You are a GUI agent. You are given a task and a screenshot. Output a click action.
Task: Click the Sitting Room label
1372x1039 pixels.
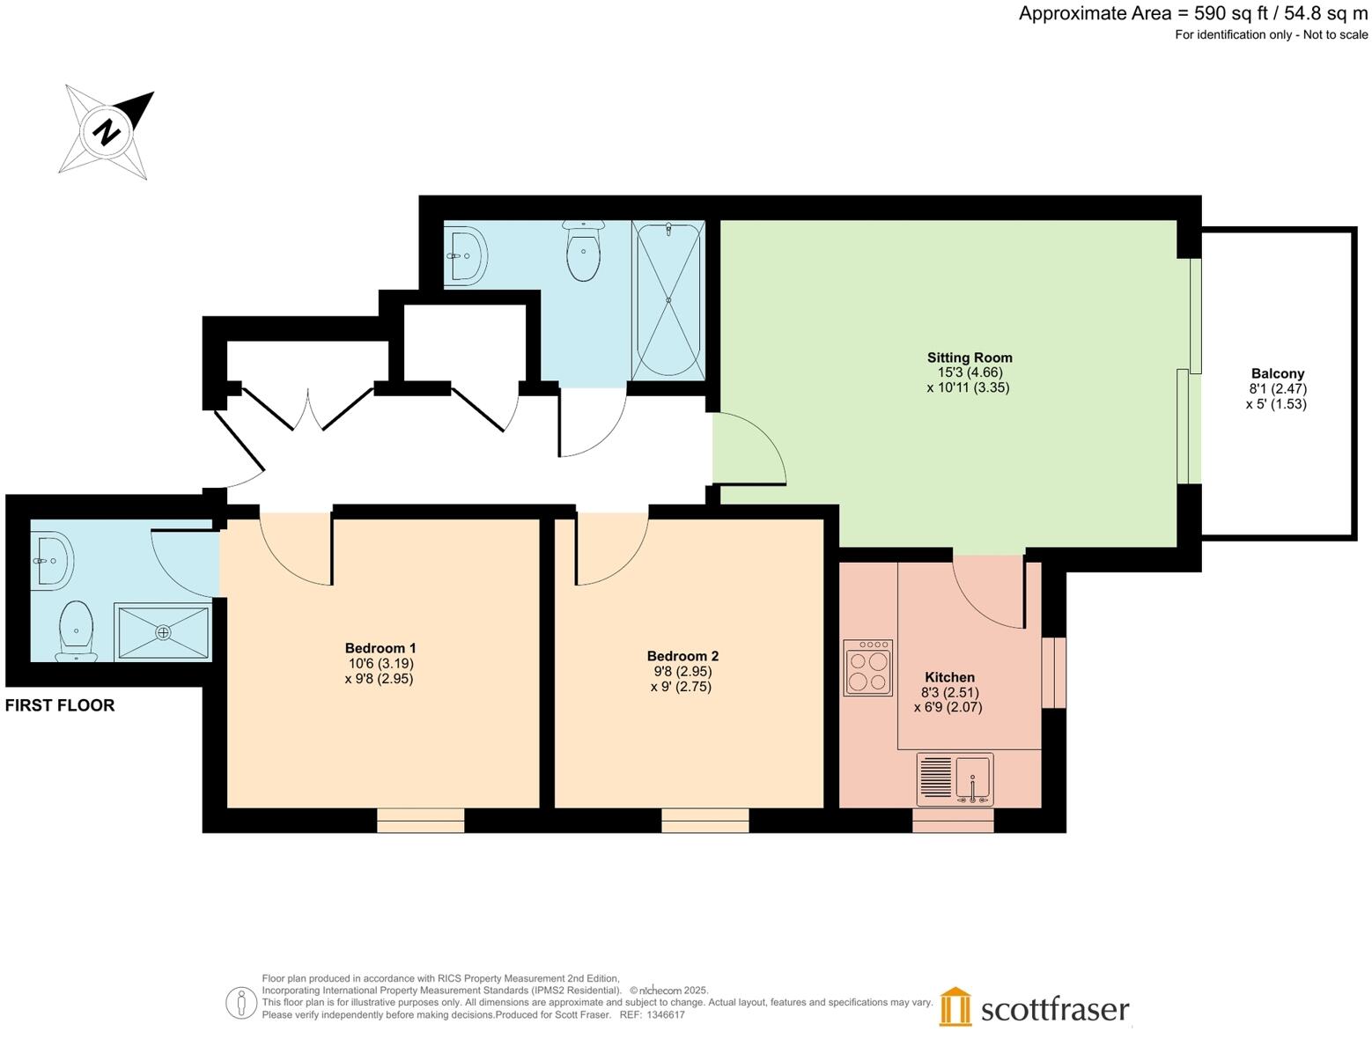coord(969,357)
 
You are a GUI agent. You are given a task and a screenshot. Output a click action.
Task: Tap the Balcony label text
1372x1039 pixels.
coord(1277,373)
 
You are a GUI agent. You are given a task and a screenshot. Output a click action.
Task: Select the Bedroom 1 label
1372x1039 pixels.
coord(380,648)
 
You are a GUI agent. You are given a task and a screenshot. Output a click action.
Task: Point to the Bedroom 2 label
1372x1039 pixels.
coord(682,656)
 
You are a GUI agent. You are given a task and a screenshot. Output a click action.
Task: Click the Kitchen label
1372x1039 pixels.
coord(949,677)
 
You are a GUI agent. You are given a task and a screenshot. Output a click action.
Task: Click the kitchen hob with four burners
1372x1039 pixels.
coord(868,668)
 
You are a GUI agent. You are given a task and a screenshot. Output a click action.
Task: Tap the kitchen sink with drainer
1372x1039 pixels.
coord(955,779)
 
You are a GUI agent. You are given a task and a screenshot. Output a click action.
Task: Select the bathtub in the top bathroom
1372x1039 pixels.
coord(668,300)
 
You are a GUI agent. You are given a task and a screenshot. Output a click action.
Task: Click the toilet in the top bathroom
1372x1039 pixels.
coord(583,251)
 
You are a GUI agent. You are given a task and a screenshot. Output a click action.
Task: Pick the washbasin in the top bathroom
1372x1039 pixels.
coord(466,256)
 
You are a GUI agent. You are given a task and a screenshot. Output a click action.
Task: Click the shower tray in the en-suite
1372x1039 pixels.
coord(163,631)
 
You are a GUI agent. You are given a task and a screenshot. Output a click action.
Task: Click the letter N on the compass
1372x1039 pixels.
coord(107,133)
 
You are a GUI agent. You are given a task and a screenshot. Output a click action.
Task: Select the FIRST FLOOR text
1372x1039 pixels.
coord(60,705)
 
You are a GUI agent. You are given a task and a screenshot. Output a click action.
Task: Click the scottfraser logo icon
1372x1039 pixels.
coord(955,1006)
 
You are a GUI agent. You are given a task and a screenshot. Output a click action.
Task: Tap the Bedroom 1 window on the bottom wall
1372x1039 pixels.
coord(420,821)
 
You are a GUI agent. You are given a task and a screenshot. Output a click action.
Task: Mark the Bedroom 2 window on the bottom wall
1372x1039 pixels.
coord(704,821)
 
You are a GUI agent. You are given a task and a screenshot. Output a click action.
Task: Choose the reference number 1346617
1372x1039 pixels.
coord(665,1014)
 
